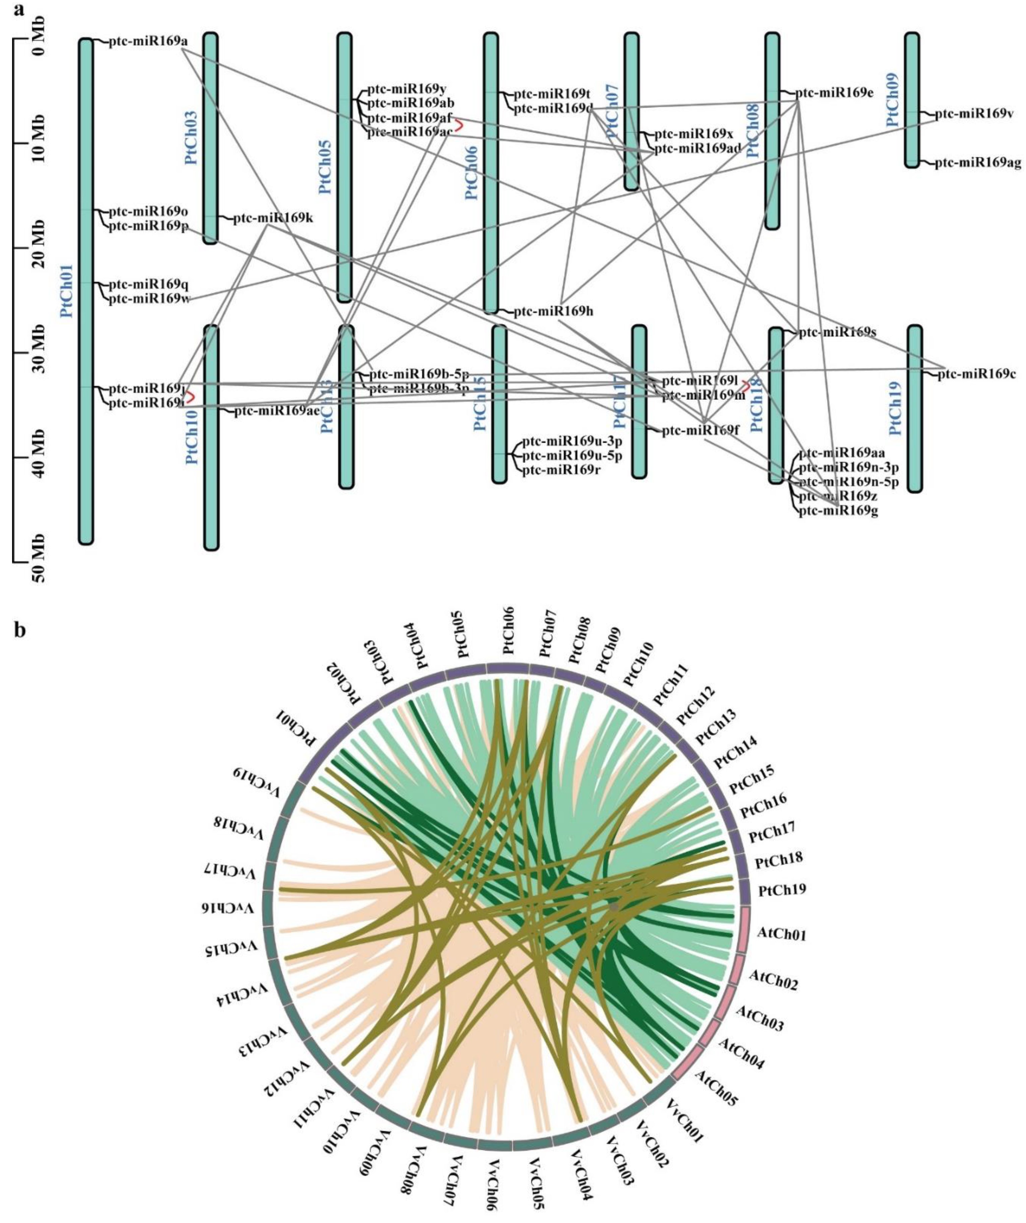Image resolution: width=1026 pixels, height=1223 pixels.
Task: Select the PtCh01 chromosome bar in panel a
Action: (85, 291)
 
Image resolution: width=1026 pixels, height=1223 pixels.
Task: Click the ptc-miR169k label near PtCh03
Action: (273, 219)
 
